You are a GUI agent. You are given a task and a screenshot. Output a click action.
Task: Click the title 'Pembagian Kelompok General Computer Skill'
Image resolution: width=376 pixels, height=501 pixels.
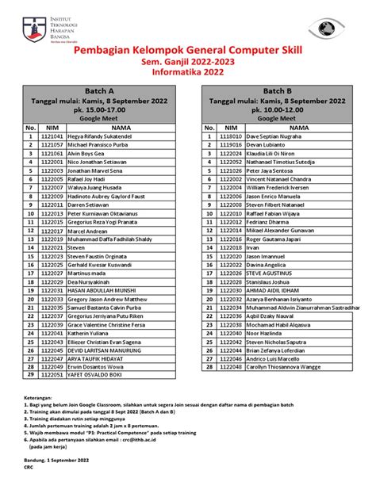(187, 52)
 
